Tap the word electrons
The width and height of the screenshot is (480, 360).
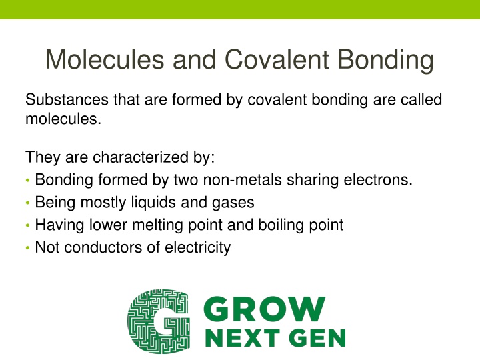(377, 180)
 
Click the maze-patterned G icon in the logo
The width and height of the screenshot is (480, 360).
(157, 321)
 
